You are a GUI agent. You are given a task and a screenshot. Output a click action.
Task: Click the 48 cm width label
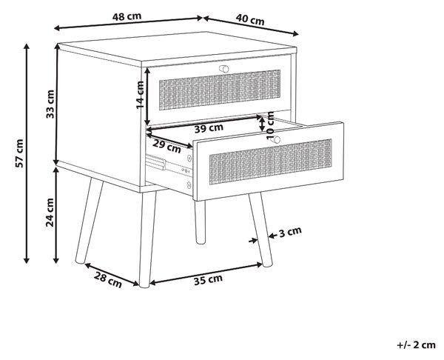pyautogui.click(x=127, y=16)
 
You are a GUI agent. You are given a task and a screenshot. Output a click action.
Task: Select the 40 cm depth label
pyautogui.click(x=250, y=19)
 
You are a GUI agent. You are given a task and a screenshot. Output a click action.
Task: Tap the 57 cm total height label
pyautogui.click(x=19, y=153)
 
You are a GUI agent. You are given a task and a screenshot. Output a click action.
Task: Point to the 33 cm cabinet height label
pyautogui.click(x=50, y=104)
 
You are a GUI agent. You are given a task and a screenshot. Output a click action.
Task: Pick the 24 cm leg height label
pyautogui.click(x=50, y=213)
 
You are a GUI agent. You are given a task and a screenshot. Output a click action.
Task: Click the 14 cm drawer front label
pyautogui.click(x=140, y=95)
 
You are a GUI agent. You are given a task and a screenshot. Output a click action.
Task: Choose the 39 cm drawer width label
pyautogui.click(x=209, y=128)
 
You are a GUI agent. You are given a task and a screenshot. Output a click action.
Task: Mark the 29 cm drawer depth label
pyautogui.click(x=166, y=146)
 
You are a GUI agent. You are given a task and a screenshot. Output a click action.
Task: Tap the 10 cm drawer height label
pyautogui.click(x=270, y=125)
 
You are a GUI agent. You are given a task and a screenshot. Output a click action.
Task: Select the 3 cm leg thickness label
pyautogui.click(x=290, y=232)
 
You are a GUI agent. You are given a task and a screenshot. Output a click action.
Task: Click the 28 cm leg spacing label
pyautogui.click(x=108, y=280)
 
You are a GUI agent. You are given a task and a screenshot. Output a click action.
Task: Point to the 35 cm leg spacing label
pyautogui.click(x=208, y=280)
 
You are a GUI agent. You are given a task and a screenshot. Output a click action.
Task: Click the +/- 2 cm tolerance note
pyautogui.click(x=416, y=345)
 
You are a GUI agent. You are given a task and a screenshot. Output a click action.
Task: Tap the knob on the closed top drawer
pyautogui.click(x=224, y=69)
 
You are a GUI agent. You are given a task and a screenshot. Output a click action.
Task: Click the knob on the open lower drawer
pyautogui.click(x=275, y=140)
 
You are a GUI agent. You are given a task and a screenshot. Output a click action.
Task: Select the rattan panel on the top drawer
pyautogui.click(x=220, y=90)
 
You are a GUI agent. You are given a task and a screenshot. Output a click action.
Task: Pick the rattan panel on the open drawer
pyautogui.click(x=270, y=161)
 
